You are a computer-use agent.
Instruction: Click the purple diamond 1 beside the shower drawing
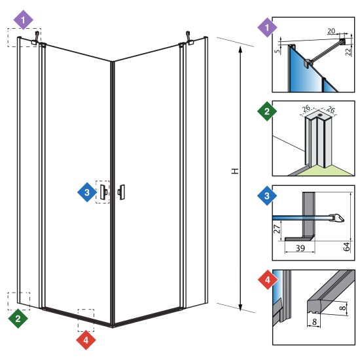[24, 20]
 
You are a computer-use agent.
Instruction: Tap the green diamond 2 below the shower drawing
[18, 319]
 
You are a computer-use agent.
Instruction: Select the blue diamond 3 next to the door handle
[87, 192]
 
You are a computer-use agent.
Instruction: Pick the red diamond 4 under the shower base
[86, 340]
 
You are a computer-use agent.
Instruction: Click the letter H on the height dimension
[235, 171]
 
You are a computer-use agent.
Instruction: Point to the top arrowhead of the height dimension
[240, 49]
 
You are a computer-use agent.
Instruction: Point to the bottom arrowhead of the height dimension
[240, 308]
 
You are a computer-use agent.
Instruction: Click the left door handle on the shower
[103, 192]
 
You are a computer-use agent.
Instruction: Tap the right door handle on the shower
[121, 192]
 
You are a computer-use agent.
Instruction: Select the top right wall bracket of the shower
[189, 38]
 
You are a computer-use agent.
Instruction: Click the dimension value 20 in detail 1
[331, 31]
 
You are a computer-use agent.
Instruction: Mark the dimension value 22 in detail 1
[349, 51]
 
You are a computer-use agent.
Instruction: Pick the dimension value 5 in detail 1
[278, 51]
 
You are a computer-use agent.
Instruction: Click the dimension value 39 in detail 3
[300, 248]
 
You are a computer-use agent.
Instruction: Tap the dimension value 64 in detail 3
[346, 246]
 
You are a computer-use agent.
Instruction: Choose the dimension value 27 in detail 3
[277, 229]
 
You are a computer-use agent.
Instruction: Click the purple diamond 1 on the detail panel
[267, 27]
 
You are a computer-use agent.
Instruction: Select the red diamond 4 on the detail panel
[268, 279]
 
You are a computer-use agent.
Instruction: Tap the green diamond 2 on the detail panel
[267, 111]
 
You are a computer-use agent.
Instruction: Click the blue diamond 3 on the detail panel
[267, 196]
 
